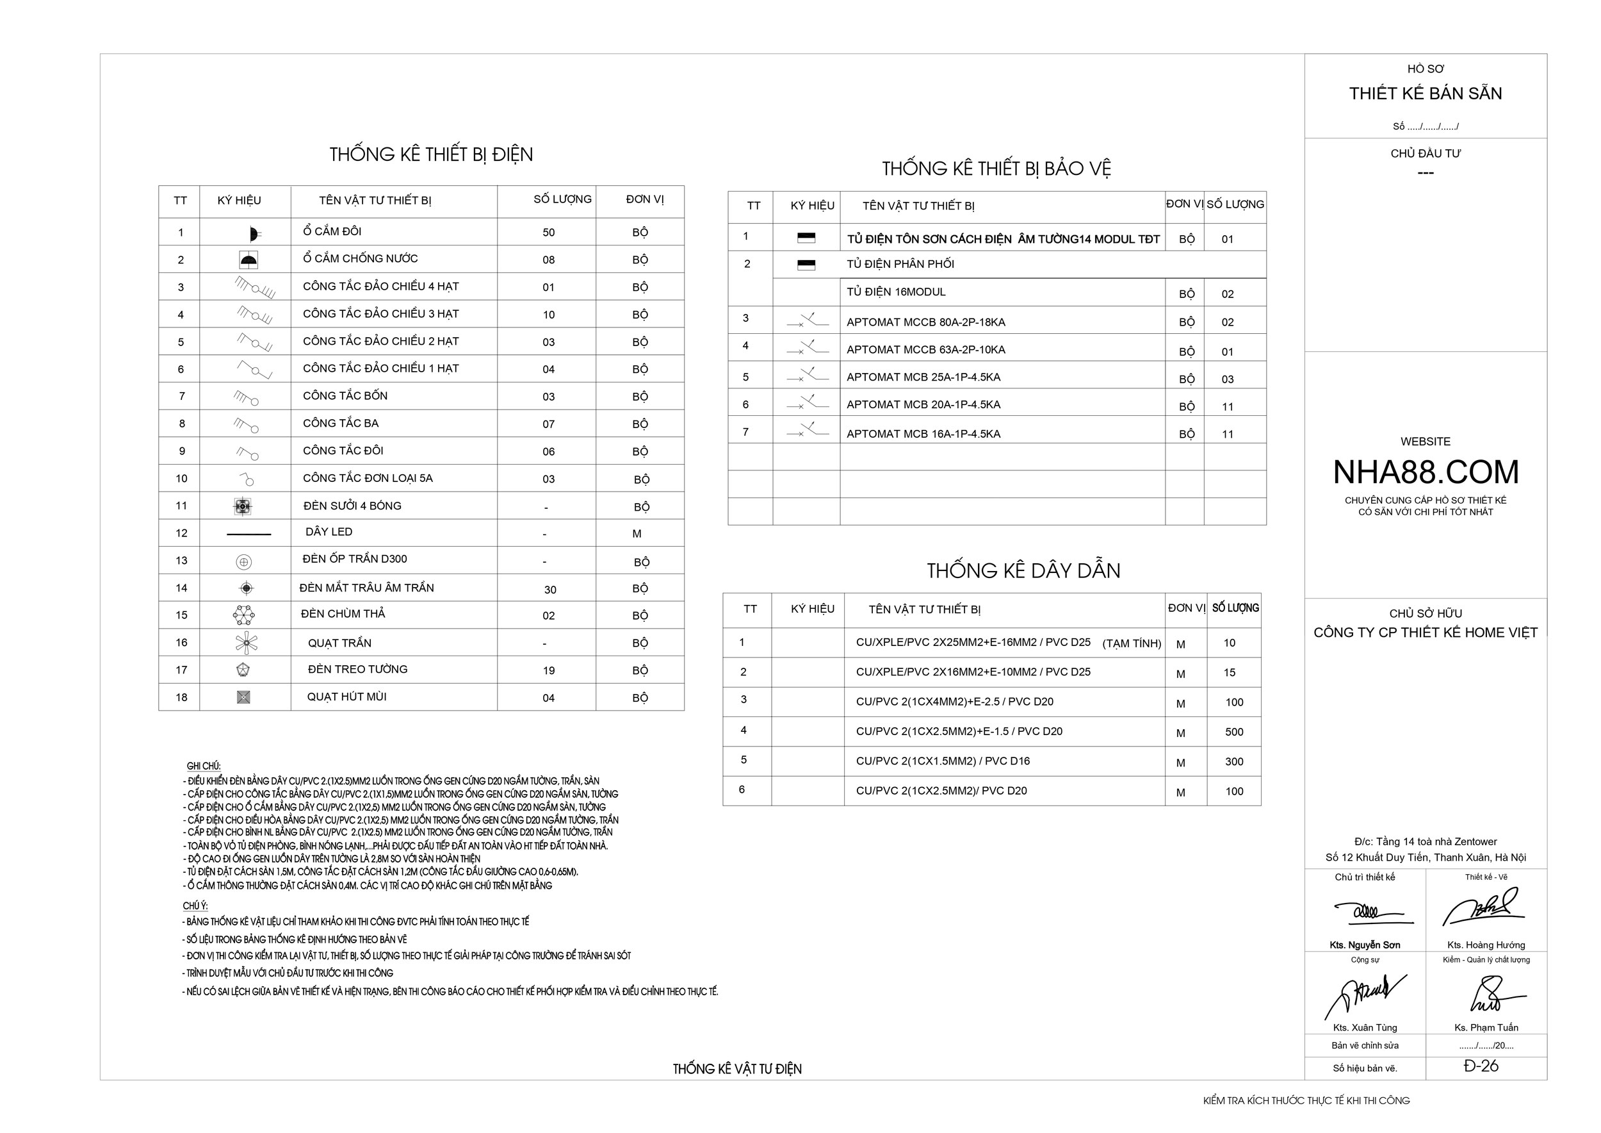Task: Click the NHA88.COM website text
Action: (1426, 472)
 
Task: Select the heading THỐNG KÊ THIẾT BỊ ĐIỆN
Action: (431, 154)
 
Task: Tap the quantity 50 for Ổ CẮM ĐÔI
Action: (548, 233)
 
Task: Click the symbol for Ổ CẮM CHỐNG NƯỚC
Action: (248, 260)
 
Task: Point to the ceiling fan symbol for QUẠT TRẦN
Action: (246, 643)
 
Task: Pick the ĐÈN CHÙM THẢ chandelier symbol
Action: (243, 615)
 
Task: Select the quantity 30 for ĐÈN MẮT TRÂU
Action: (549, 590)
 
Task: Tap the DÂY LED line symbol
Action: (249, 534)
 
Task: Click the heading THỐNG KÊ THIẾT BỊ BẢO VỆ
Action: (996, 168)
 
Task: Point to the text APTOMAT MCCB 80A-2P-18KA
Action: (925, 322)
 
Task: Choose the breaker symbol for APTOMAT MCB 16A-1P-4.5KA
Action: (808, 431)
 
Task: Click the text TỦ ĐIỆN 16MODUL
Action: (895, 292)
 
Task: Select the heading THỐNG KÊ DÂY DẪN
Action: (1023, 571)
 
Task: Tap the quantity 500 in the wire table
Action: (1233, 732)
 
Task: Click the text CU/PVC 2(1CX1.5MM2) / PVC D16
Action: (942, 761)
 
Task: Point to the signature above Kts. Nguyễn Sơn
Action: (1369, 912)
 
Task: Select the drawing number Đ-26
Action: (1481, 1065)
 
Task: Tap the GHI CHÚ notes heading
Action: (204, 766)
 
